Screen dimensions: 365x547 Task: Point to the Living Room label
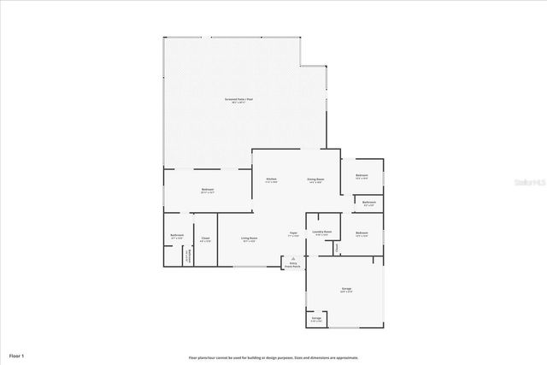[249, 238]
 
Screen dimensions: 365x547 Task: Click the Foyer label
[292, 233]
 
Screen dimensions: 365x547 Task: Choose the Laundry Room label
[321, 233]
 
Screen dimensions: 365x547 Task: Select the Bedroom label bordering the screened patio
[207, 190]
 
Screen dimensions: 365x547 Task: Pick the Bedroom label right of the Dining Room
[362, 176]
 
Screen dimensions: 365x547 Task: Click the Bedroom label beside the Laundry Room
[362, 234]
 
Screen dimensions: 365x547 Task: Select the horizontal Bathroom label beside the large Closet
[177, 236]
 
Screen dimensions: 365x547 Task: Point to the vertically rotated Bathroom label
[187, 256]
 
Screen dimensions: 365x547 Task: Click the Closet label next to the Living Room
[205, 239]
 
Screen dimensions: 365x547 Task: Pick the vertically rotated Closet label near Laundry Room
[337, 248]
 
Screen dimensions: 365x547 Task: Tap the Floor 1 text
[17, 354]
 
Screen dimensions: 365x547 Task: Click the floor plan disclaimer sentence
[273, 357]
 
